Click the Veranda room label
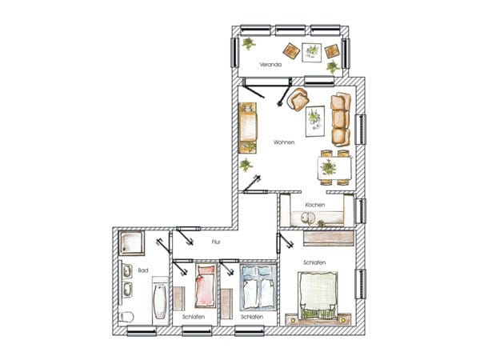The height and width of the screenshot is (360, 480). click(x=270, y=65)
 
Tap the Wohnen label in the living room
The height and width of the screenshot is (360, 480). click(x=284, y=142)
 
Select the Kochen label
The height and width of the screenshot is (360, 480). click(x=315, y=205)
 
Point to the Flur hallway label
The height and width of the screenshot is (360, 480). click(x=216, y=242)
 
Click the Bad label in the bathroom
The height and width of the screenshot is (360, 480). click(x=143, y=270)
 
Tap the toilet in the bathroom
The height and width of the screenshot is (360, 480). click(x=126, y=317)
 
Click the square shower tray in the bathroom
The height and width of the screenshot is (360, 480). click(x=131, y=243)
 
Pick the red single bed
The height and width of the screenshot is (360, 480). click(x=206, y=286)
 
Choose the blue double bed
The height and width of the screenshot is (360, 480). click(x=258, y=287)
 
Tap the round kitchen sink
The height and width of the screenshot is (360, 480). click(x=308, y=218)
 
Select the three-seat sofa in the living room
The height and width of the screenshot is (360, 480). click(x=341, y=119)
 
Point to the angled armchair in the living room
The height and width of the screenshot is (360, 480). click(x=298, y=99)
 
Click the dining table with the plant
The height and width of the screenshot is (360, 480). click(x=334, y=168)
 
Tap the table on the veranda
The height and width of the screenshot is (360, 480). click(x=312, y=53)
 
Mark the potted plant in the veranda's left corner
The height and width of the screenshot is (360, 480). click(x=249, y=43)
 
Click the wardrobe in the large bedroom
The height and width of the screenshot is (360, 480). click(x=329, y=238)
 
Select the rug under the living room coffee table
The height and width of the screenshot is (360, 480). click(x=315, y=122)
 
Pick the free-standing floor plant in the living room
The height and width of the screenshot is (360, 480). click(x=246, y=166)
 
